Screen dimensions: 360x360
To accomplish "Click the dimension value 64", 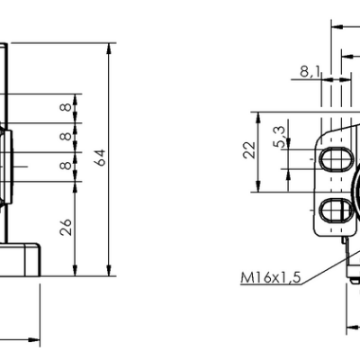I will click(x=101, y=157).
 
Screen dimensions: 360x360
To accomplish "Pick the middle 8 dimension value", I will click(x=65, y=137).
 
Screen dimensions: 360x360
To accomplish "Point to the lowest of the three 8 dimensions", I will click(x=65, y=166).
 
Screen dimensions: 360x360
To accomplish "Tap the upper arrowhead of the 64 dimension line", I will click(x=109, y=44).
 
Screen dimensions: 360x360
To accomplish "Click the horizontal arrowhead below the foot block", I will click(x=36, y=341).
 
